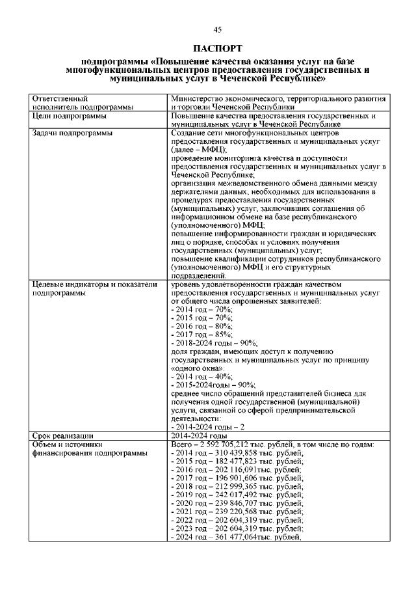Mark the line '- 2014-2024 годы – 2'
tap(207, 427)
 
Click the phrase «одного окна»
tap(196, 368)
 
